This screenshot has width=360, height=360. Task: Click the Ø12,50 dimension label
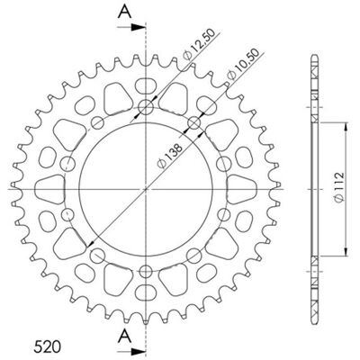click(x=199, y=44)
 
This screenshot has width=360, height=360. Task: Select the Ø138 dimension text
click(x=170, y=157)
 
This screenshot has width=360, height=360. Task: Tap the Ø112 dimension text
click(x=338, y=187)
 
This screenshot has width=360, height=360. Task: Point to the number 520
click(x=47, y=346)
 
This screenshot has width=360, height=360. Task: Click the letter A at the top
click(x=124, y=12)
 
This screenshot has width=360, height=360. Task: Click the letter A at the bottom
click(x=124, y=336)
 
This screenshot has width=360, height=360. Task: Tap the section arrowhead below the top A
click(x=137, y=27)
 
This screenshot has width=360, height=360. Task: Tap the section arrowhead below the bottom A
click(x=137, y=351)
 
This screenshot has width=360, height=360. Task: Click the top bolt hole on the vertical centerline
click(x=146, y=107)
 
